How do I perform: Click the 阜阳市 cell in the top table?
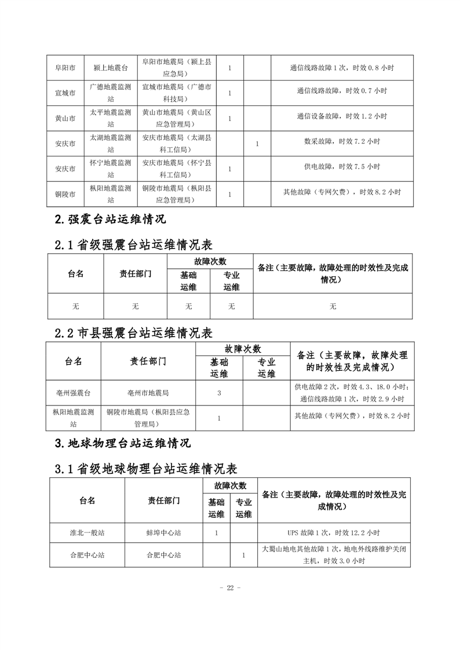64,68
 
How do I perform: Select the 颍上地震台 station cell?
110,68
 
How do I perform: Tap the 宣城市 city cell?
64,93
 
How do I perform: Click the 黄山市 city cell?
64,118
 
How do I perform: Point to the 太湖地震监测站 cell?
110,144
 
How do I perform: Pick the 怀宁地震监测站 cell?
110,169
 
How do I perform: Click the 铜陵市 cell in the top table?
64,194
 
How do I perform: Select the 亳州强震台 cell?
73,393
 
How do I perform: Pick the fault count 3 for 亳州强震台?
218,393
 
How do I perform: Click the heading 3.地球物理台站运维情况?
122,444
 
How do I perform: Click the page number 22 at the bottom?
230,588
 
